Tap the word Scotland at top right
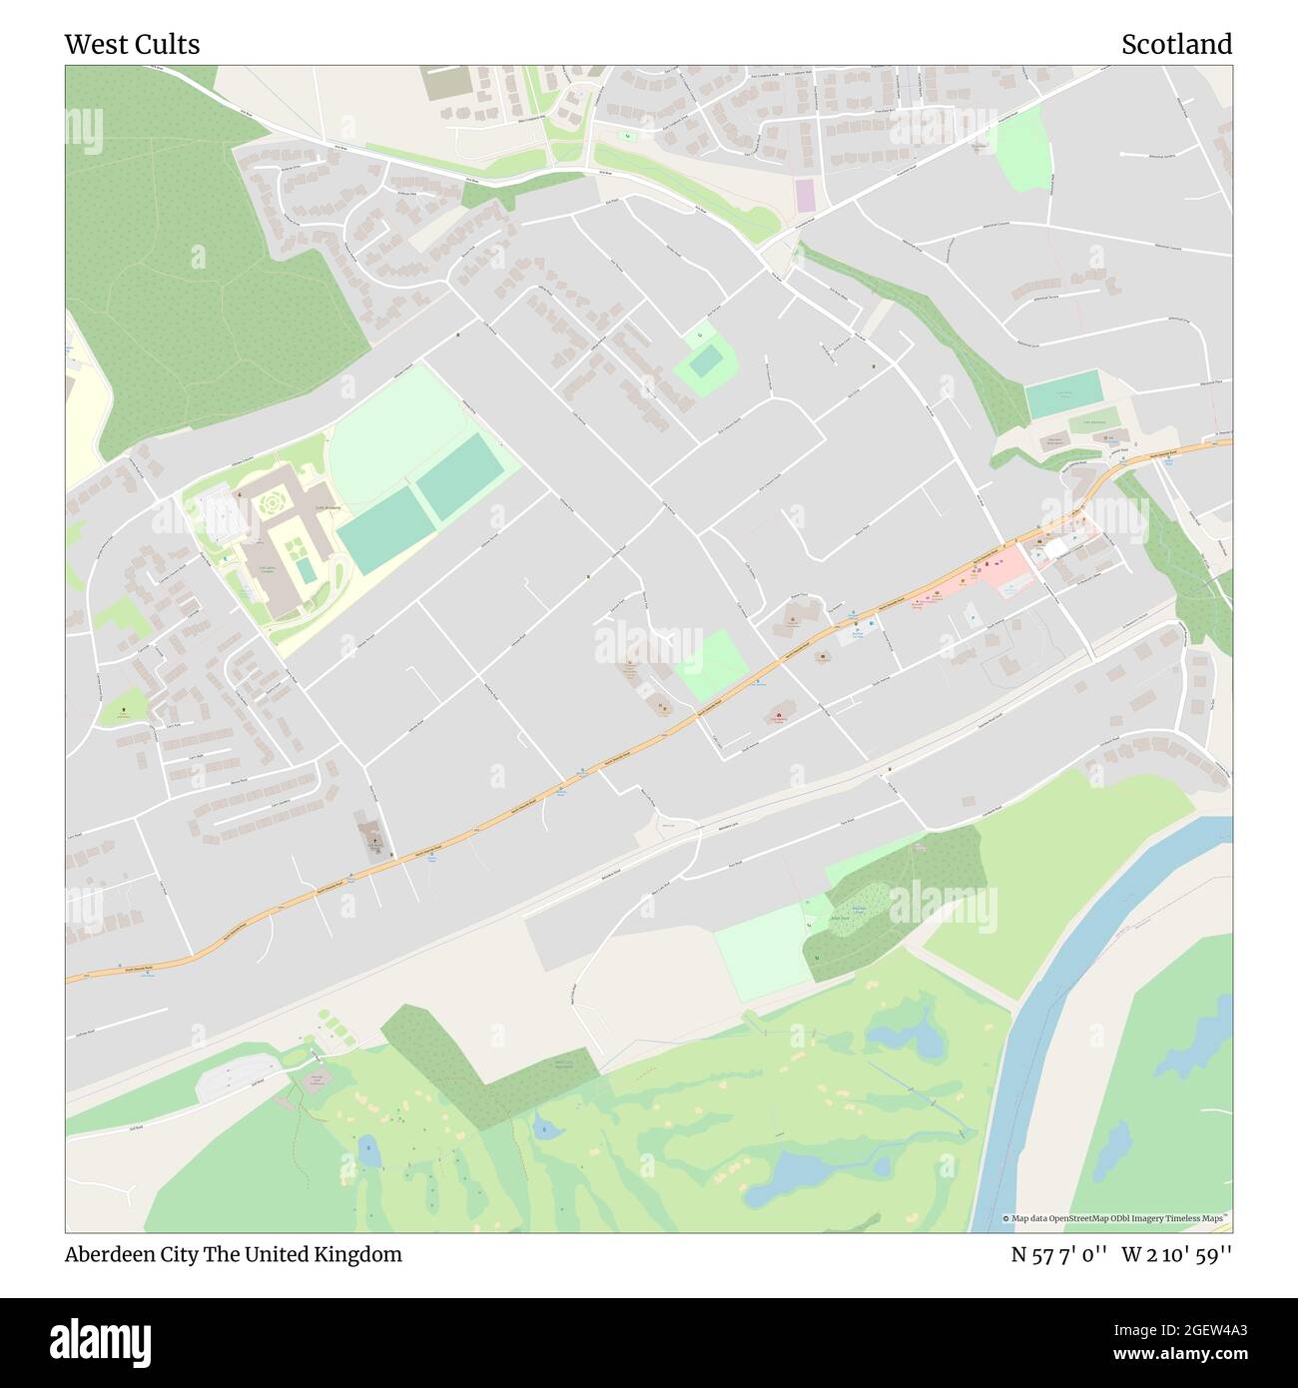coord(1175,45)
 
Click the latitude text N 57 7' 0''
coord(1058,1254)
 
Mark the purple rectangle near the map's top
coord(805,195)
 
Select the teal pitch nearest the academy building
coord(384,530)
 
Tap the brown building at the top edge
coord(444,83)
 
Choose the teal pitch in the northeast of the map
coord(1063,394)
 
